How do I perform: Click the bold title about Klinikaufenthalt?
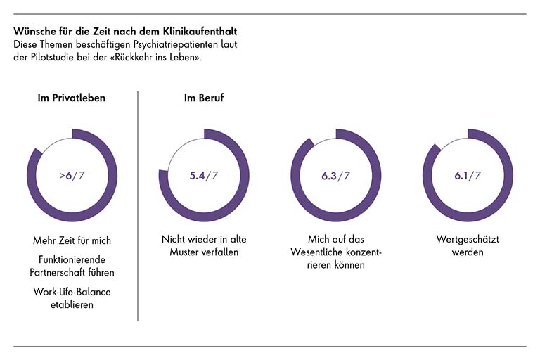tap(124, 32)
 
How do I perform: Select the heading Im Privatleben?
tap(72, 98)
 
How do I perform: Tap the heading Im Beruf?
tap(204, 98)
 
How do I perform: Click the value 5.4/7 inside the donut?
tap(204, 175)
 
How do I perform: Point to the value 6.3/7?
tap(336, 175)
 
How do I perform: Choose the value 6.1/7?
tap(468, 175)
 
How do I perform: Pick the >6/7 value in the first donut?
tap(72, 175)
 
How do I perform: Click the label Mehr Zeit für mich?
tap(72, 240)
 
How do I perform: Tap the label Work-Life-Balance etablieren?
tap(72, 297)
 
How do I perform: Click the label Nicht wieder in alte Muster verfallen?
tap(204, 246)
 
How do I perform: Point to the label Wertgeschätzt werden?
tap(468, 246)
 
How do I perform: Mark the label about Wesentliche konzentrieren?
tap(336, 253)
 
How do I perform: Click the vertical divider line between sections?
tap(138, 204)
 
